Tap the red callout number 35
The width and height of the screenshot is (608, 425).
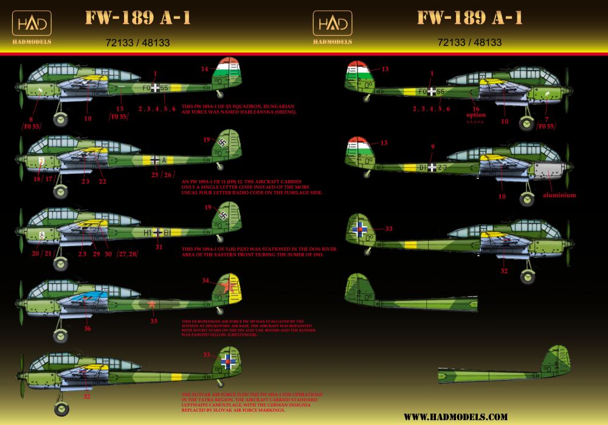154,320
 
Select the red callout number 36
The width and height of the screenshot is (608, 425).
88,328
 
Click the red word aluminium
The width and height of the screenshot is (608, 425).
560,195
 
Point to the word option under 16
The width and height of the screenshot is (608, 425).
476,114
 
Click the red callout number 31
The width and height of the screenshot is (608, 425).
159,247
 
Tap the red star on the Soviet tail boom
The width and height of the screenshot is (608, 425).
153,304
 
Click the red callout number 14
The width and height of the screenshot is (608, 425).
205,69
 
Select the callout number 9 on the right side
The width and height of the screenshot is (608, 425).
432,147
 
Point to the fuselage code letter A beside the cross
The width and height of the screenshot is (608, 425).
164,160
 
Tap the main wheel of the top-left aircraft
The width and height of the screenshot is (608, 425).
61,120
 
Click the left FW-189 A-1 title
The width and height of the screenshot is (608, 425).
137,18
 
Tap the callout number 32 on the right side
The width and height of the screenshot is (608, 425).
504,271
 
